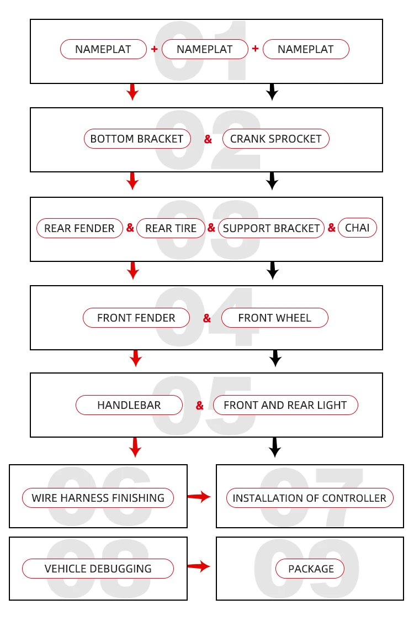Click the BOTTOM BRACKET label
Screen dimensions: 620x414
[137, 139]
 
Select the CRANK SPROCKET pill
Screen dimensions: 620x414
[275, 139]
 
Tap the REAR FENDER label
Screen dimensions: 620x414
[79, 228]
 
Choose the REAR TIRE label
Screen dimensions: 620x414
[171, 228]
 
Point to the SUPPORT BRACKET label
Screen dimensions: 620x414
[271, 228]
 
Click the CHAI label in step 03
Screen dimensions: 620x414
[357, 228]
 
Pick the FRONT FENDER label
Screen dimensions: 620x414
[136, 318]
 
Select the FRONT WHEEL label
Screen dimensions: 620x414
[274, 318]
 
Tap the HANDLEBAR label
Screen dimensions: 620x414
[129, 405]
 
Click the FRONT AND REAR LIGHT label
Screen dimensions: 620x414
[285, 405]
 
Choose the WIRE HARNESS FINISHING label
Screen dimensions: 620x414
[98, 498]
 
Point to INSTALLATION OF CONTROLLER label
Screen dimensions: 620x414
[309, 498]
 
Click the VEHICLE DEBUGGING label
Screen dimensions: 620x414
[98, 569]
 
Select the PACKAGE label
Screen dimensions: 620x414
[311, 569]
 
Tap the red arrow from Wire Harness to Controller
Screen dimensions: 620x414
[199, 497]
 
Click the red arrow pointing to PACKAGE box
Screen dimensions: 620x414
[199, 566]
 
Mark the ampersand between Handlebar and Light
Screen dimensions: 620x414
[200, 406]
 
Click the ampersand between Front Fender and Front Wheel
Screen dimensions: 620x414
[207, 318]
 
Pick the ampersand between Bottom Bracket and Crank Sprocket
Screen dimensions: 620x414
[208, 140]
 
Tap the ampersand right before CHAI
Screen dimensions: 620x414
[332, 228]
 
